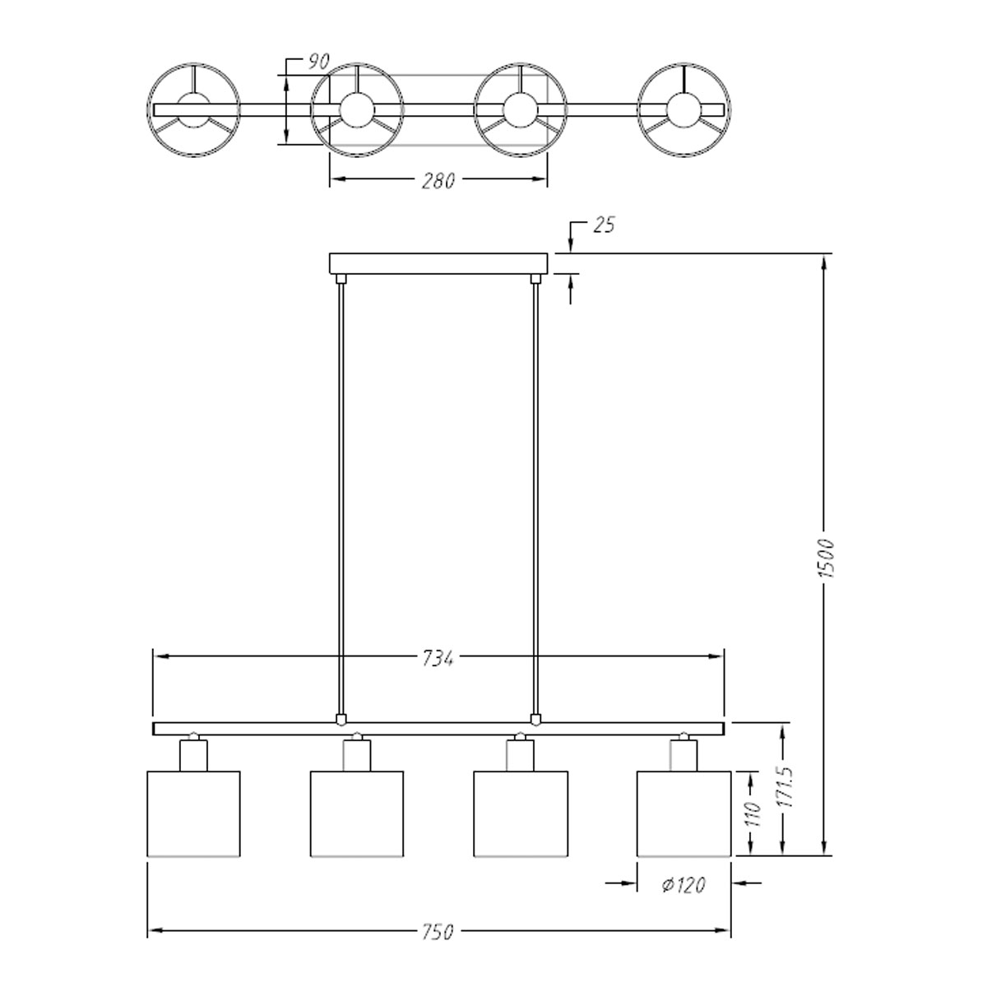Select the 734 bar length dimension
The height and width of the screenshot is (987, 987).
point(438,658)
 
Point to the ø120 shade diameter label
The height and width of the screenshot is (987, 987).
point(683,884)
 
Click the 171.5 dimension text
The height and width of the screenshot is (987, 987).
point(785,794)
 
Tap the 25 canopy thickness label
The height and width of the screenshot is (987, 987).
point(604,225)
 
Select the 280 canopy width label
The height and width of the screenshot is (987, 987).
point(438,180)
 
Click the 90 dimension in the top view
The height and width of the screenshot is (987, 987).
point(318,62)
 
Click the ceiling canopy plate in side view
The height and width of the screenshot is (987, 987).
point(438,263)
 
